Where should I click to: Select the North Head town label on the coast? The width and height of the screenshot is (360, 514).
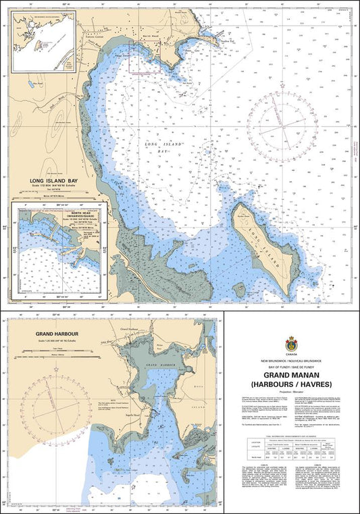click(151, 34)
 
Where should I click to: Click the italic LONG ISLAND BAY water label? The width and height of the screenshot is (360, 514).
click(157, 147)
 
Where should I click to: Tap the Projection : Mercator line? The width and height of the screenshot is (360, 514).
click(292, 391)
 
